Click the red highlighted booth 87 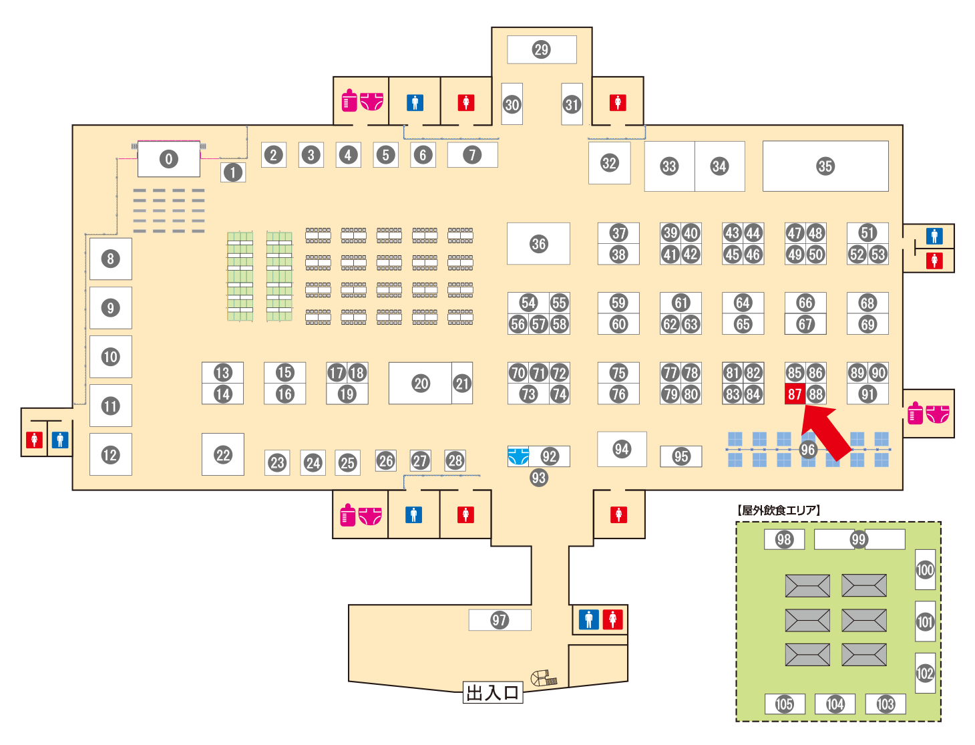point(794,393)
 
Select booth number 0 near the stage point(168,158)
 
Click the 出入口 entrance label point(492,693)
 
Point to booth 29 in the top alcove point(542,49)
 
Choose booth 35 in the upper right point(825,166)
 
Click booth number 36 point(538,243)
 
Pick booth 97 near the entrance point(500,620)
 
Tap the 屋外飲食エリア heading point(778,510)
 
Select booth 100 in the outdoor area point(925,569)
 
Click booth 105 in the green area point(784,704)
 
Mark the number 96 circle point(807,450)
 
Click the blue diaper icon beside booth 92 point(518,456)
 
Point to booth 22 point(222,454)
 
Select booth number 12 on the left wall point(111,454)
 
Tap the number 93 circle point(538,478)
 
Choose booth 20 point(420,383)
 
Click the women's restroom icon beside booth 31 point(618,103)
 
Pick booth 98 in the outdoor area point(784,539)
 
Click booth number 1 point(233,172)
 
